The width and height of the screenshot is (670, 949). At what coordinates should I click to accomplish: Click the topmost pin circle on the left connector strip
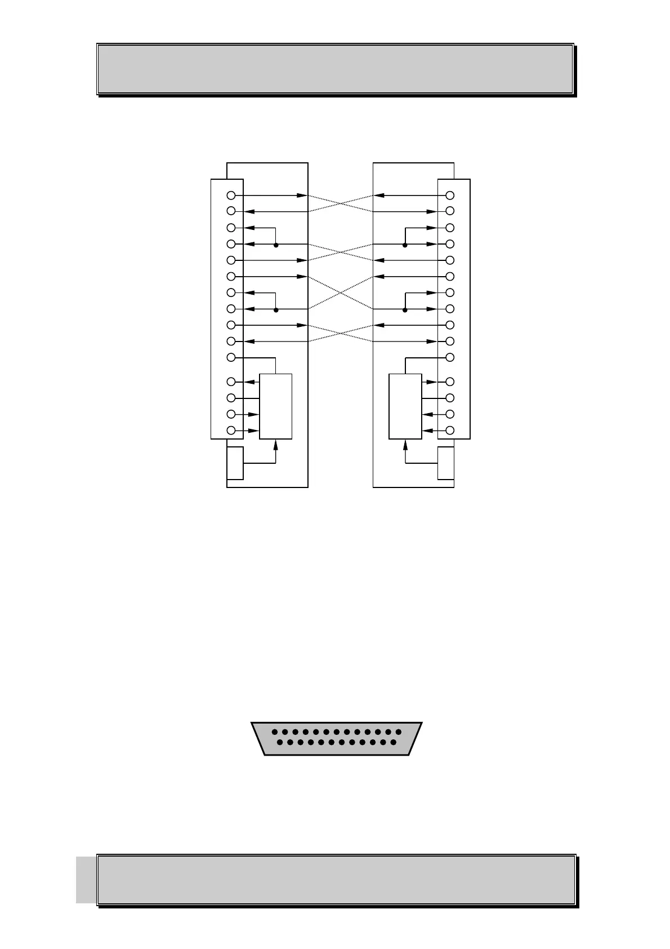pos(230,196)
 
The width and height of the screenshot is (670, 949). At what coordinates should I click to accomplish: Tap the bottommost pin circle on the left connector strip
pos(230,431)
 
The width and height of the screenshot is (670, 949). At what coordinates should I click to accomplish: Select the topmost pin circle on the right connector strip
pos(450,196)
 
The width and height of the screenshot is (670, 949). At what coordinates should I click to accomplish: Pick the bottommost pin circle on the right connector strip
pos(450,431)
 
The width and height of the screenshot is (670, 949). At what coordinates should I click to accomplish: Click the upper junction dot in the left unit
pos(276,245)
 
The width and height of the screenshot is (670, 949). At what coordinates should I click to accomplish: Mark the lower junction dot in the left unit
pos(276,309)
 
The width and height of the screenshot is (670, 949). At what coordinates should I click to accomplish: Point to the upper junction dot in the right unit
pos(405,245)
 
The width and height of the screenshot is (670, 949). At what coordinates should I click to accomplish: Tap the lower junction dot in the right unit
pos(405,309)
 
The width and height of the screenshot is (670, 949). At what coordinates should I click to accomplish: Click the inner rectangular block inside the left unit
pos(275,406)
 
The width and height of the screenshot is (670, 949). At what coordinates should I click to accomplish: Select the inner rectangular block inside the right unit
pos(405,406)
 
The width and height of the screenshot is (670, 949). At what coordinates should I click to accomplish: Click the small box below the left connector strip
pos(235,463)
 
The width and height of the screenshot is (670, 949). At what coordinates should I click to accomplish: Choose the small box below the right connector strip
pos(446,463)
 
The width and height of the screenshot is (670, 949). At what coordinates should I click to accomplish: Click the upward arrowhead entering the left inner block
pos(276,444)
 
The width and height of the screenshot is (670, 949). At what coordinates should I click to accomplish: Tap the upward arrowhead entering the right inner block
pos(405,444)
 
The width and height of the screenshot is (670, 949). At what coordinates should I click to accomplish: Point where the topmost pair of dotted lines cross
pos(340,203)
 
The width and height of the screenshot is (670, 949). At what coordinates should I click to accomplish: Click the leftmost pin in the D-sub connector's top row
pos(274,731)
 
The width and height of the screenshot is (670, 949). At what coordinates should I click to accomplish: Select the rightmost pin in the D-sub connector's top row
pos(399,731)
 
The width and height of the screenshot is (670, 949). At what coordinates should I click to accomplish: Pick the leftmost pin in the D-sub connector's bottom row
pos(279,742)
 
